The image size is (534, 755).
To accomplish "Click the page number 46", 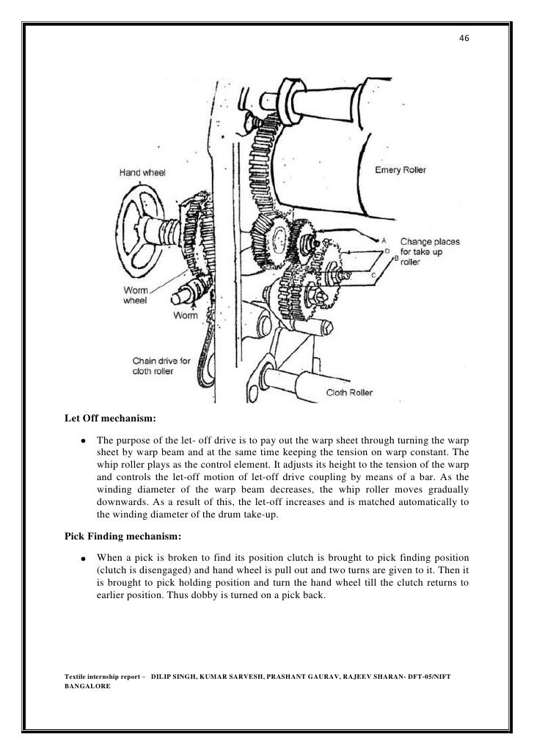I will coord(464,39).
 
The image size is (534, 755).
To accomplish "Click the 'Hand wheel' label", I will coord(144,173).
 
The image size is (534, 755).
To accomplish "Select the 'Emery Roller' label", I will coord(400,169).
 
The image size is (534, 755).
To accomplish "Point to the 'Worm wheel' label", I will coord(136,296).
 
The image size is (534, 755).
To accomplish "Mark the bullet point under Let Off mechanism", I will coord(84,441).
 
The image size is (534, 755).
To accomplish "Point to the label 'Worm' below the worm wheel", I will coord(183,316).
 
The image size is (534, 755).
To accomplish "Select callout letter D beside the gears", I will coord(387,249).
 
